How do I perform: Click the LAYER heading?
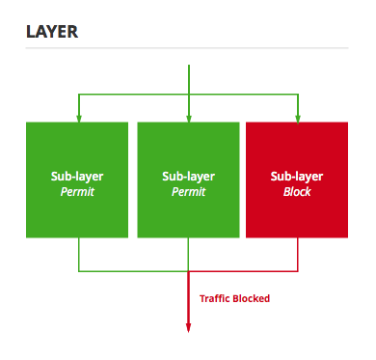click(x=52, y=32)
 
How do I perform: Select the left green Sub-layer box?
click(x=77, y=179)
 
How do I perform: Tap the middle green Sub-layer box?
click(x=188, y=179)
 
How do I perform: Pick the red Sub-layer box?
click(x=297, y=179)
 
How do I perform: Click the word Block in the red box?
click(x=297, y=192)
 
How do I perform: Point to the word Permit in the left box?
click(x=77, y=192)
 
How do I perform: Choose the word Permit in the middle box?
click(x=188, y=192)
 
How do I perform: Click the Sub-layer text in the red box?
click(x=297, y=177)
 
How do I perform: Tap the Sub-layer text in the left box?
click(x=77, y=177)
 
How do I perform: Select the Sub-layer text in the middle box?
click(x=188, y=177)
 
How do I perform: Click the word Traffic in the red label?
click(x=216, y=299)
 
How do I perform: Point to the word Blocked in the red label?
click(x=253, y=299)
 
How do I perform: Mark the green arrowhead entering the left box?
click(x=78, y=118)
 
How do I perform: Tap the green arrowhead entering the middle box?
click(x=188, y=118)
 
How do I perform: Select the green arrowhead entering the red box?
click(x=298, y=118)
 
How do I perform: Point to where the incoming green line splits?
click(x=188, y=95)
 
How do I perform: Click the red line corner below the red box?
click(x=298, y=268)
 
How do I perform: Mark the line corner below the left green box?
click(x=78, y=268)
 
